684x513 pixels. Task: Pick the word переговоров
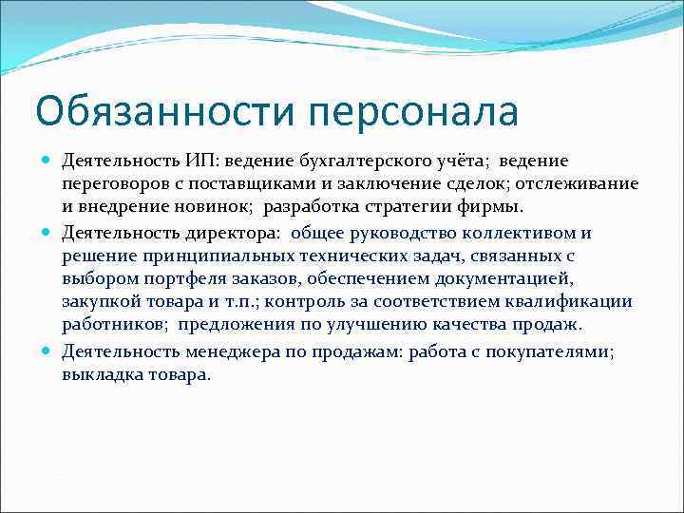(x=113, y=183)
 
